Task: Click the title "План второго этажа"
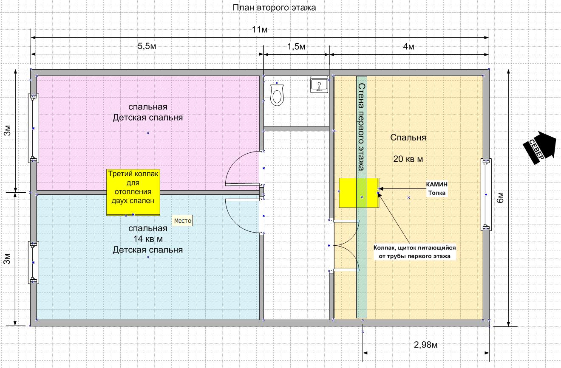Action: (274, 8)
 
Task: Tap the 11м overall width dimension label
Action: (259, 29)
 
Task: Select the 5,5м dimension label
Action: (147, 46)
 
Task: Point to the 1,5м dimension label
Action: (296, 46)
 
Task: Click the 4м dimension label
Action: (408, 46)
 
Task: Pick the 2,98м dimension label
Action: (425, 344)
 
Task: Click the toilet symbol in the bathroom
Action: (277, 95)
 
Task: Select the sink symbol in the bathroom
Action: (319, 84)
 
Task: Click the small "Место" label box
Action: (183, 221)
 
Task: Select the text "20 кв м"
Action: (408, 159)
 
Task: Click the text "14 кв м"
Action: (148, 239)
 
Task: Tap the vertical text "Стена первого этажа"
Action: (362, 127)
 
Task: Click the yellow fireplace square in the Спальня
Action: (358, 193)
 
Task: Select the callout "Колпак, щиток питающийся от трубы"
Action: (414, 252)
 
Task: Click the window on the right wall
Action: (486, 194)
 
